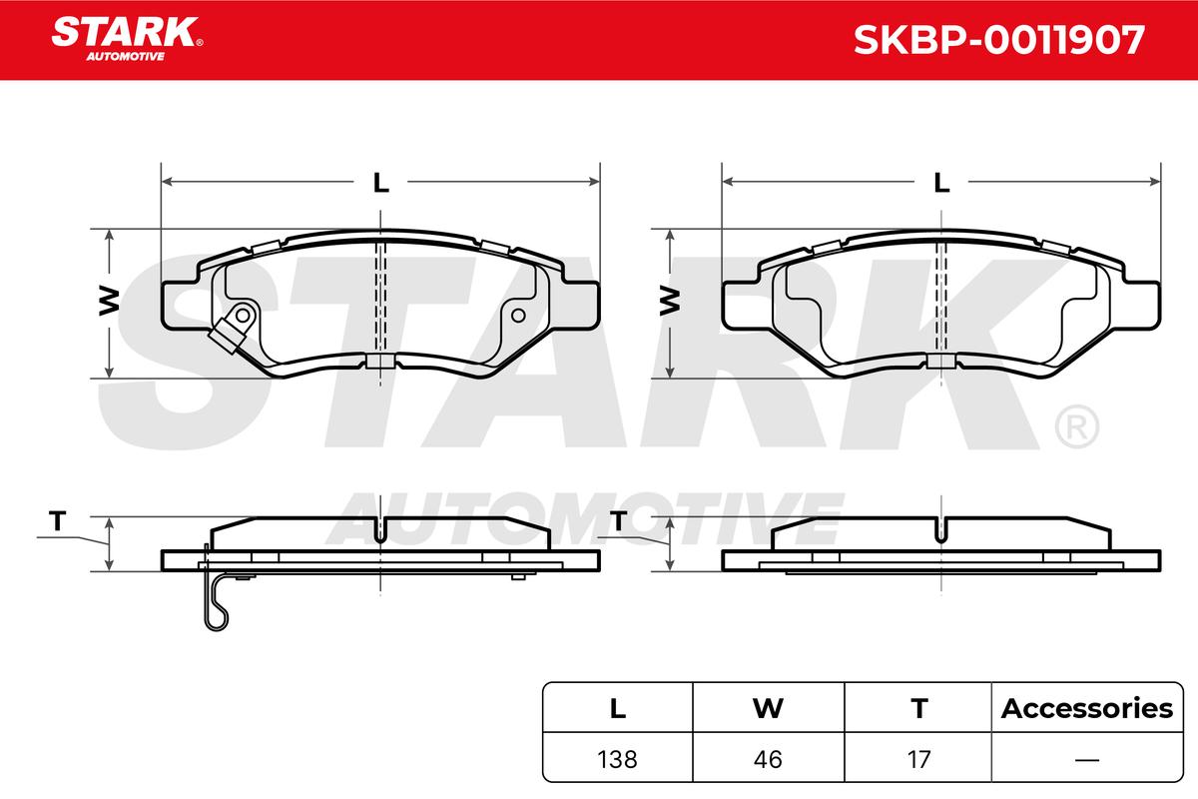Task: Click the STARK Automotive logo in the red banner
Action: click(127, 39)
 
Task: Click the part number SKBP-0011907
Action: click(999, 40)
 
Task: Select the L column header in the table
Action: click(618, 709)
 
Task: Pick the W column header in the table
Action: click(768, 709)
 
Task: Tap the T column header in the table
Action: click(918, 709)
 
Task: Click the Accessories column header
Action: click(1087, 709)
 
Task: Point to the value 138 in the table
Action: click(617, 760)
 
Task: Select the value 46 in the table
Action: click(768, 760)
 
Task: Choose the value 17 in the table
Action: click(918, 760)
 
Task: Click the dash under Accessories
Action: click(1087, 760)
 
